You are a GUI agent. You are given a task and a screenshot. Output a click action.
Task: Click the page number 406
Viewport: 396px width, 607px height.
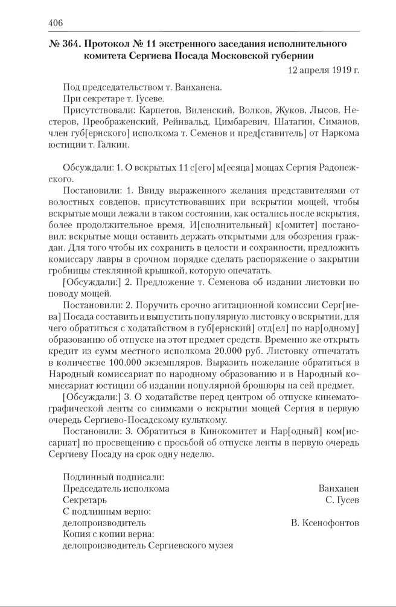click(x=56, y=23)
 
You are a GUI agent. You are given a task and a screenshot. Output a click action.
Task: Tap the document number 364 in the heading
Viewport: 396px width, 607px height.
click(x=68, y=44)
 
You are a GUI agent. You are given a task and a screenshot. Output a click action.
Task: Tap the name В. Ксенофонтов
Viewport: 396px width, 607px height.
click(x=325, y=523)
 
